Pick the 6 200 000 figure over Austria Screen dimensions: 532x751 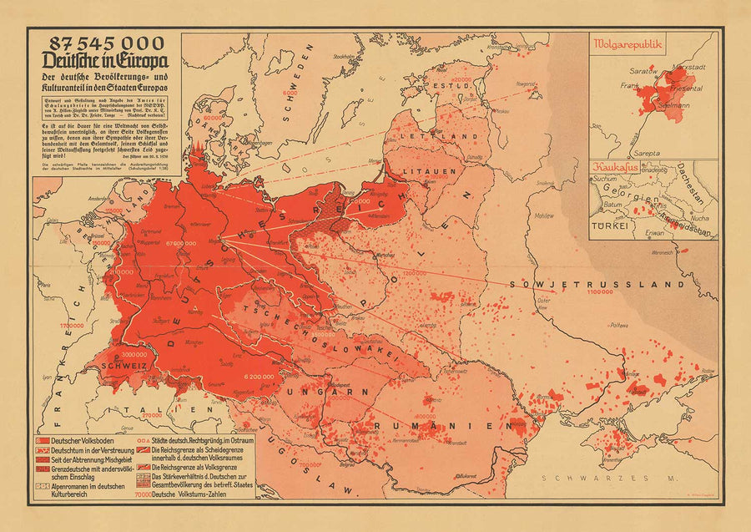tap(262, 377)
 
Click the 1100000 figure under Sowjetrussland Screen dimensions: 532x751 tap(598, 293)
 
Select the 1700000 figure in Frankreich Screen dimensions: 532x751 tap(48, 325)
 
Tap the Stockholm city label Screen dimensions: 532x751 tap(343, 57)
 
